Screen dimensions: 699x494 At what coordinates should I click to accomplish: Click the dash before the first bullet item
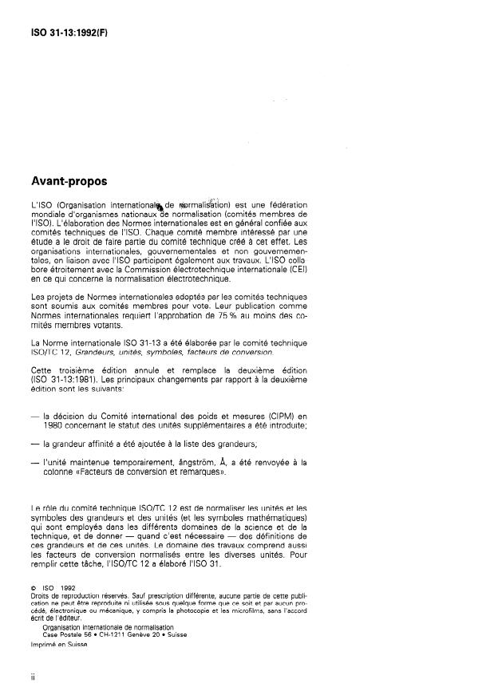click(33, 416)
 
